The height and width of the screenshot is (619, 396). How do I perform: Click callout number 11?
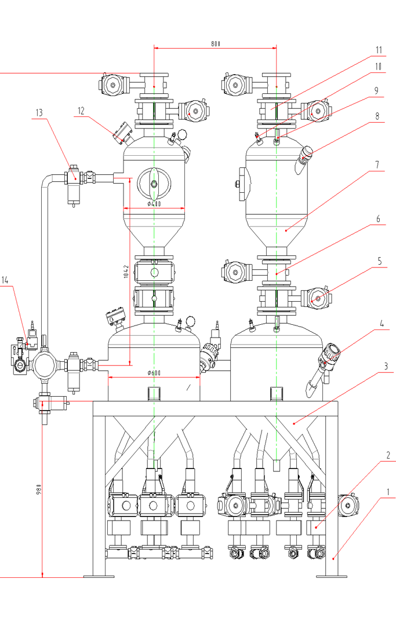[379, 49]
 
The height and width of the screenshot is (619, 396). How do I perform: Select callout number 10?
[379, 66]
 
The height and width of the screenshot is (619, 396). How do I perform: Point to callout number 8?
[377, 115]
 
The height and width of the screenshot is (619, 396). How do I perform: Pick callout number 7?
[377, 164]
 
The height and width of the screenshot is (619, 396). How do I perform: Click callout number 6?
[378, 219]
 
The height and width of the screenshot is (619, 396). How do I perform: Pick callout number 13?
[39, 113]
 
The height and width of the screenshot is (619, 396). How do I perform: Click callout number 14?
[5, 280]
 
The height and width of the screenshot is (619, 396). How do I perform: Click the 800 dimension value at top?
[216, 43]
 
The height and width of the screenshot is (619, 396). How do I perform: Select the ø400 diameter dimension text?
[154, 203]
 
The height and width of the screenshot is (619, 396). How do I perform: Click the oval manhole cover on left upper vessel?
[154, 184]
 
